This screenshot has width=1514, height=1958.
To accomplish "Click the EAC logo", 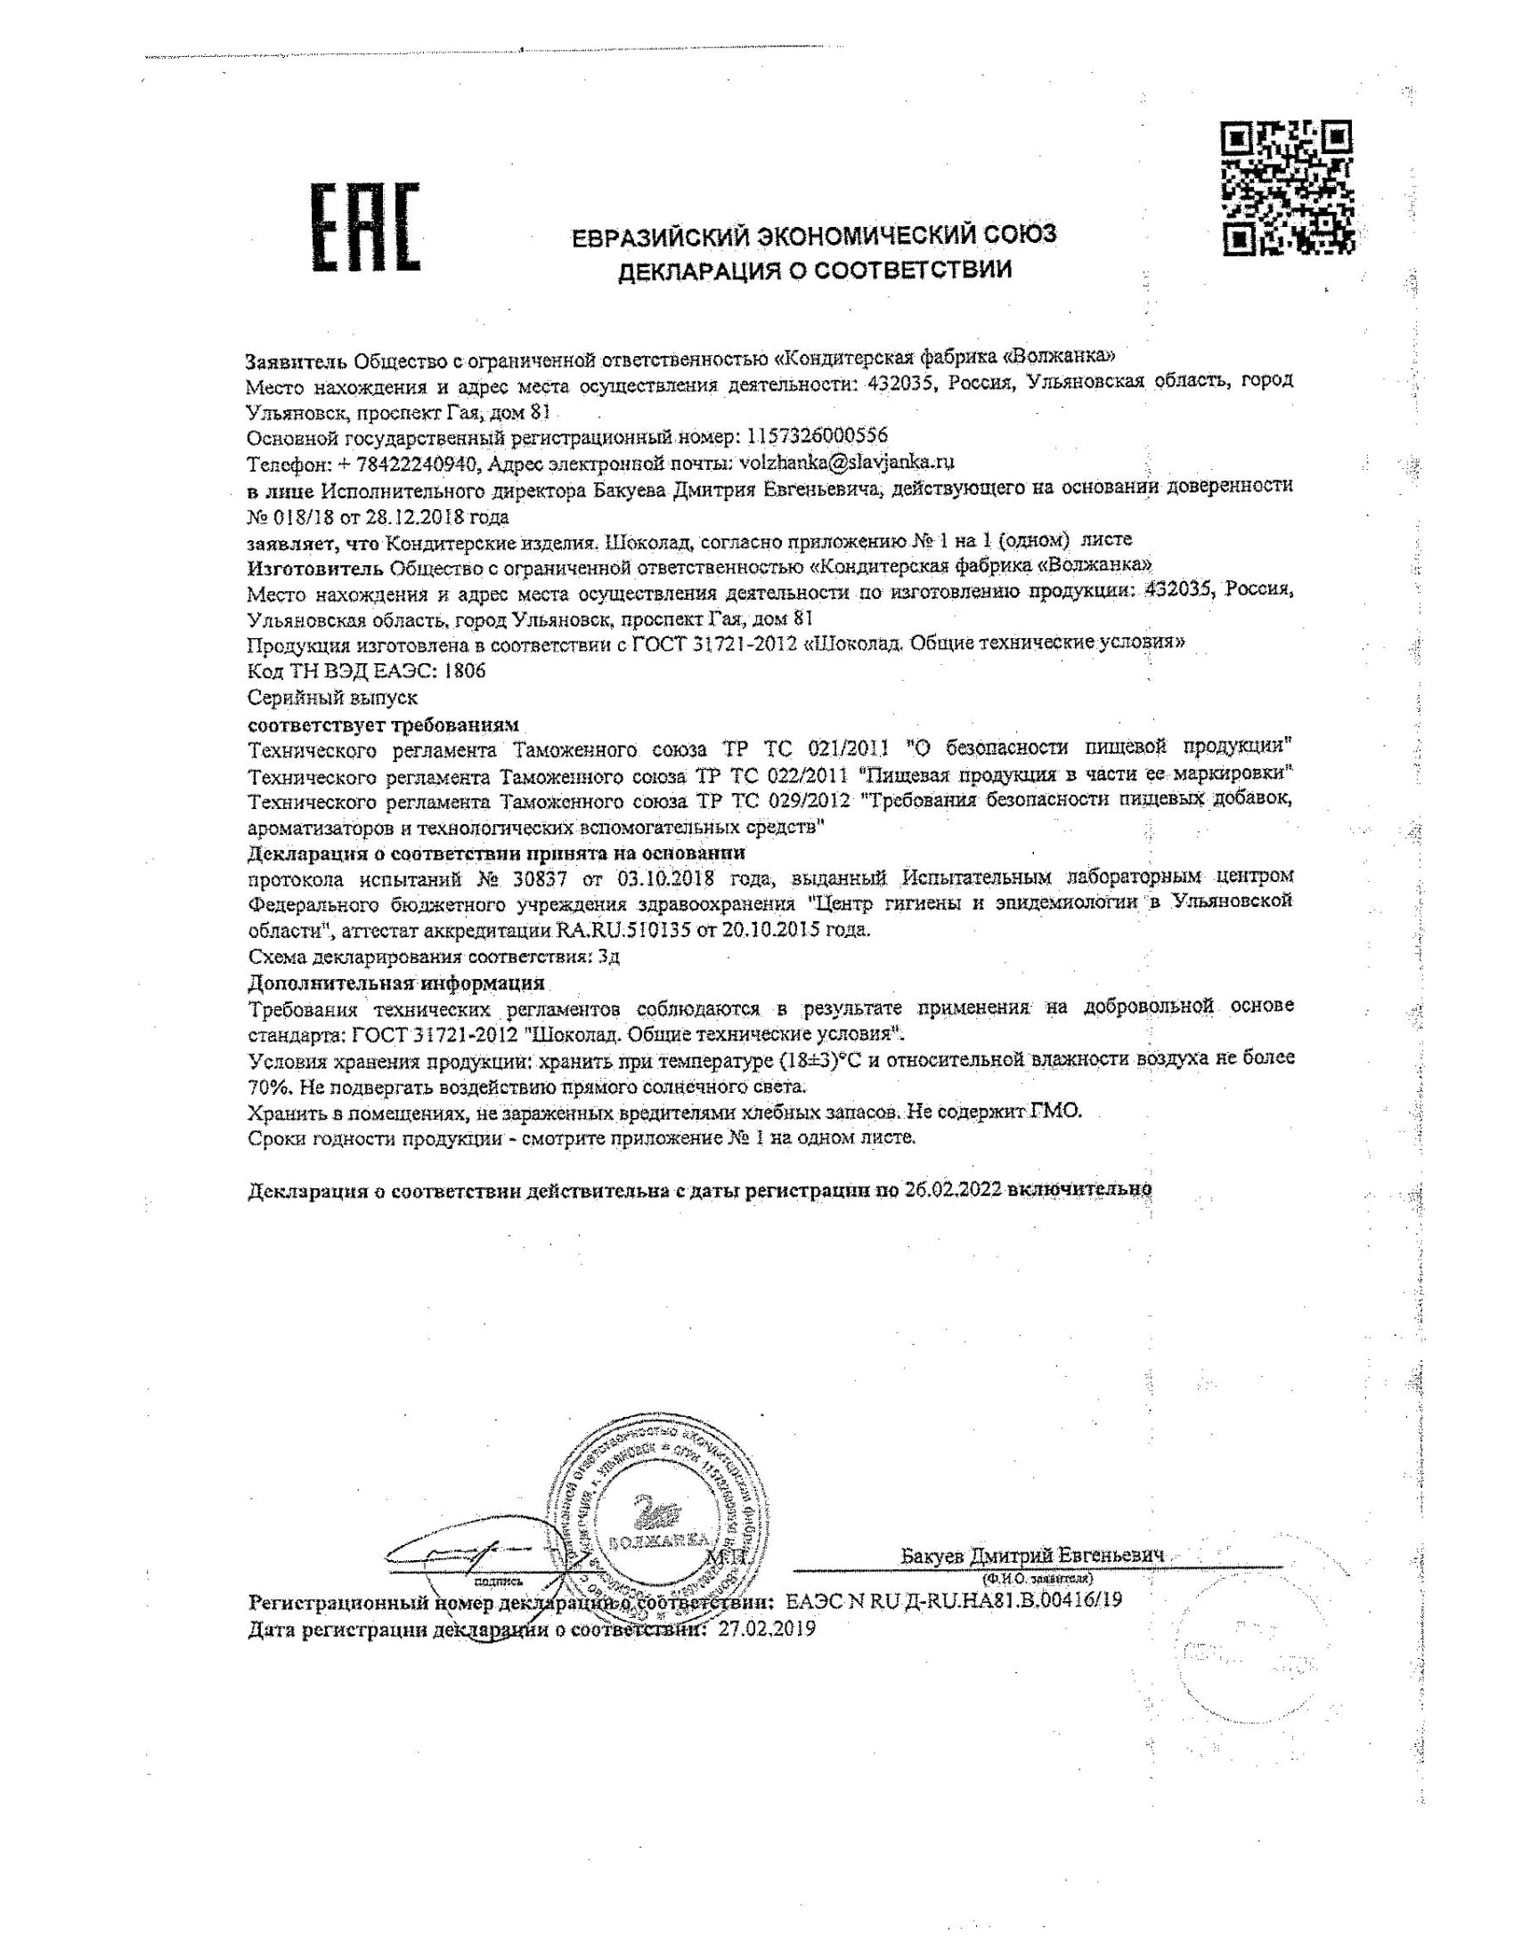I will pyautogui.click(x=365, y=227).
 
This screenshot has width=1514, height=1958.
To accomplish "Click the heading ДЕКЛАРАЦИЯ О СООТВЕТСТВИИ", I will pyautogui.click(x=814, y=269).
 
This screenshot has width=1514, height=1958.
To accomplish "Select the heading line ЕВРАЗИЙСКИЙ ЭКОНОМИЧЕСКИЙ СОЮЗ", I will pyautogui.click(x=814, y=235).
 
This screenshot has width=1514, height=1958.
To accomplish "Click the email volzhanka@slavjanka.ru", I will pyautogui.click(x=844, y=463).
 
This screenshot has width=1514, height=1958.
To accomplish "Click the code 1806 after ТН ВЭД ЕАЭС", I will pyautogui.click(x=465, y=670).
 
